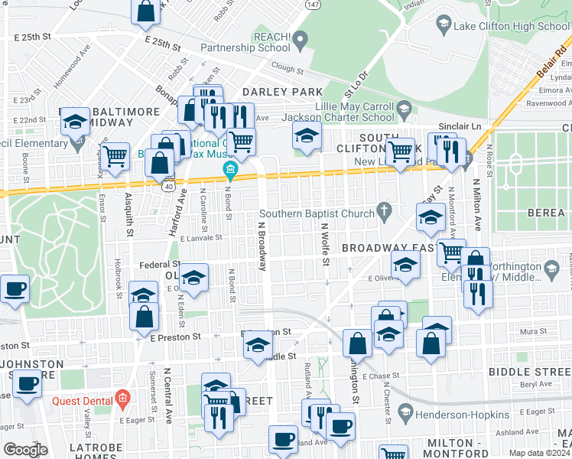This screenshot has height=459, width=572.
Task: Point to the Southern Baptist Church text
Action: [317, 213]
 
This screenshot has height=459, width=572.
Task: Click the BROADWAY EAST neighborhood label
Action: [388, 248]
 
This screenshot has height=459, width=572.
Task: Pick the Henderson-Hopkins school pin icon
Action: [405, 414]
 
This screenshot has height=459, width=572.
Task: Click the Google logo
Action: [25, 450]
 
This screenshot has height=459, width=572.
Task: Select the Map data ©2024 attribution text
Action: [539, 453]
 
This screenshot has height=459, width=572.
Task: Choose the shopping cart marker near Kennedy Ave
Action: [115, 156]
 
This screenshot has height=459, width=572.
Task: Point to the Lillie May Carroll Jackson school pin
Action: [402, 111]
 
